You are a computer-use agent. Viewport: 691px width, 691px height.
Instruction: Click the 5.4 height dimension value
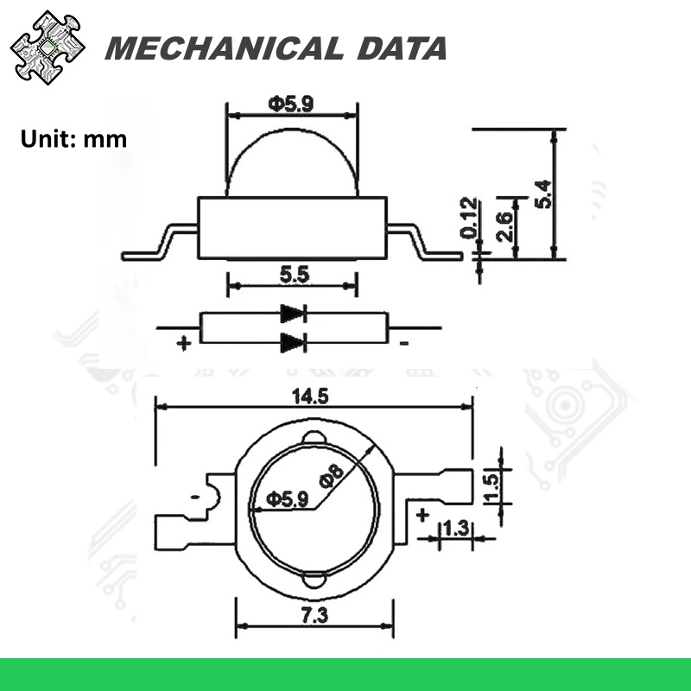tap(543, 193)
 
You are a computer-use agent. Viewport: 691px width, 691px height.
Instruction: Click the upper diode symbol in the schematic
tap(293, 314)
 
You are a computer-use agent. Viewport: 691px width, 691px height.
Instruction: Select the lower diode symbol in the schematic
tap(293, 342)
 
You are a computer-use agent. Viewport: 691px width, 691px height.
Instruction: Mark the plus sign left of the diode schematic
tap(183, 343)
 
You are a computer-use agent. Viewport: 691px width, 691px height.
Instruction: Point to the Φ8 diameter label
tap(332, 477)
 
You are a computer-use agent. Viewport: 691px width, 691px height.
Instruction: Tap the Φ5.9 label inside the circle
tap(285, 499)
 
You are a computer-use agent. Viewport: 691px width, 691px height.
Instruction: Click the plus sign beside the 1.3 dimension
tap(422, 516)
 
